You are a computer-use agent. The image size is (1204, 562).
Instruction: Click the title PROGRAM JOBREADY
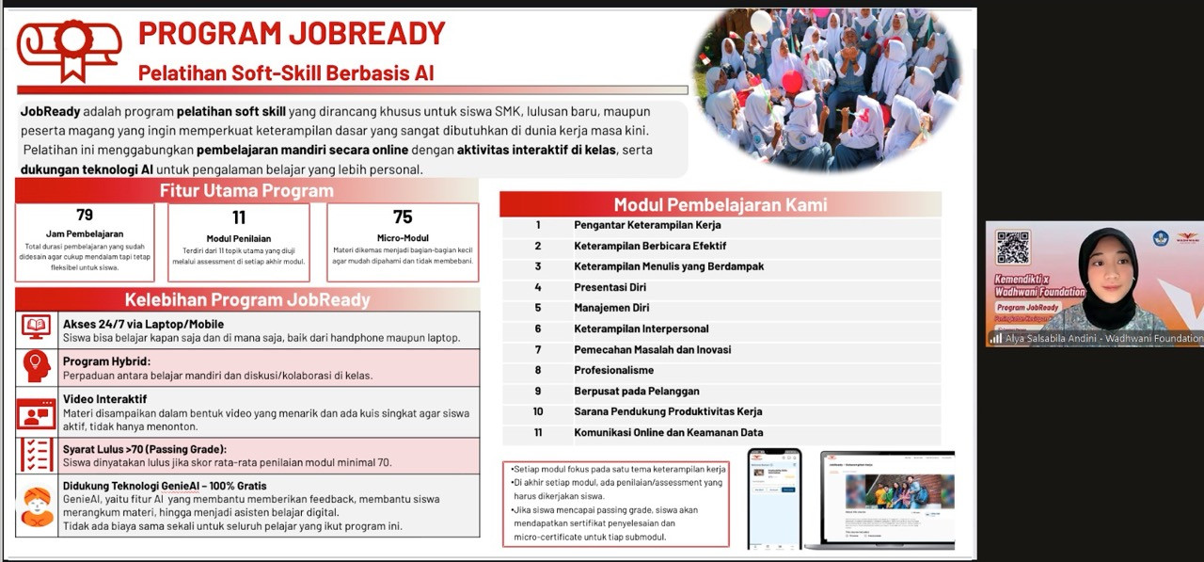click(292, 33)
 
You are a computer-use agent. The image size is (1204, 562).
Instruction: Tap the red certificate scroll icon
click(70, 49)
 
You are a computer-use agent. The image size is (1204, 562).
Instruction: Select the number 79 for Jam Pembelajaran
click(85, 216)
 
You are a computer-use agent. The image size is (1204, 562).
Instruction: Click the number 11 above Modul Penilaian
click(239, 217)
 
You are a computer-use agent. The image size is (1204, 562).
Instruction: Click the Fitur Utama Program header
click(246, 191)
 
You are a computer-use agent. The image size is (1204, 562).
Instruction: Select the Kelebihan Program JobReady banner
click(247, 300)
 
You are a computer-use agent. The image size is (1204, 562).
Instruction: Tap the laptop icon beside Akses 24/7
click(37, 329)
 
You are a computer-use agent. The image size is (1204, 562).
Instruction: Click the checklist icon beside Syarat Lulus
click(37, 455)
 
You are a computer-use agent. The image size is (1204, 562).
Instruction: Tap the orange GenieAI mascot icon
click(37, 507)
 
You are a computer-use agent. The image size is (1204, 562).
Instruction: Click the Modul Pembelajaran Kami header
click(720, 204)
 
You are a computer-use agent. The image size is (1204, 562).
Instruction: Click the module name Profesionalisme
click(613, 370)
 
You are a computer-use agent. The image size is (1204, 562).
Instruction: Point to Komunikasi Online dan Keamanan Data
click(669, 433)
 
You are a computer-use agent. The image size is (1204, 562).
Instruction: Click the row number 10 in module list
click(538, 412)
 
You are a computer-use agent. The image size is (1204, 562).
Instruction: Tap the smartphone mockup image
click(774, 498)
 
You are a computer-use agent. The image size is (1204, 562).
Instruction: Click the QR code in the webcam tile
click(1012, 247)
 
